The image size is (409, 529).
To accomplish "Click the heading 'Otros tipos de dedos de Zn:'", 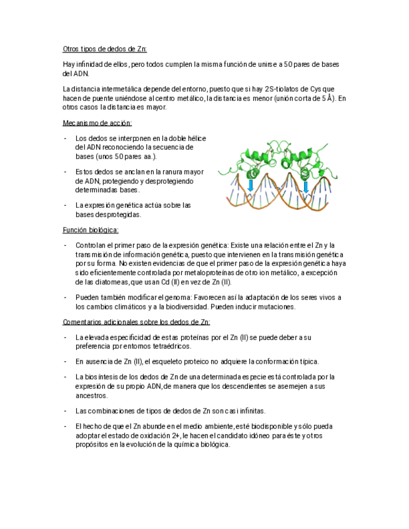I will pos(104,49).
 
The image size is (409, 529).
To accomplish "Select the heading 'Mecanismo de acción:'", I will pos(97,123).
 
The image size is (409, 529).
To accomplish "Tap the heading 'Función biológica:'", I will pos(91,230).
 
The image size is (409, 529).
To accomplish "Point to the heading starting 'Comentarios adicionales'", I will pos(136,322).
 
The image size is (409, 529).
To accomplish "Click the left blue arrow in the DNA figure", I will pos(251,185).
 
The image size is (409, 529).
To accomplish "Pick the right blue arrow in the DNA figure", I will pos(306,187).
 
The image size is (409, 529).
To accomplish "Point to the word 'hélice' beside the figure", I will pos(196,138).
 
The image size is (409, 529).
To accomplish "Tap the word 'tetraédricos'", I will pos(169,346).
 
